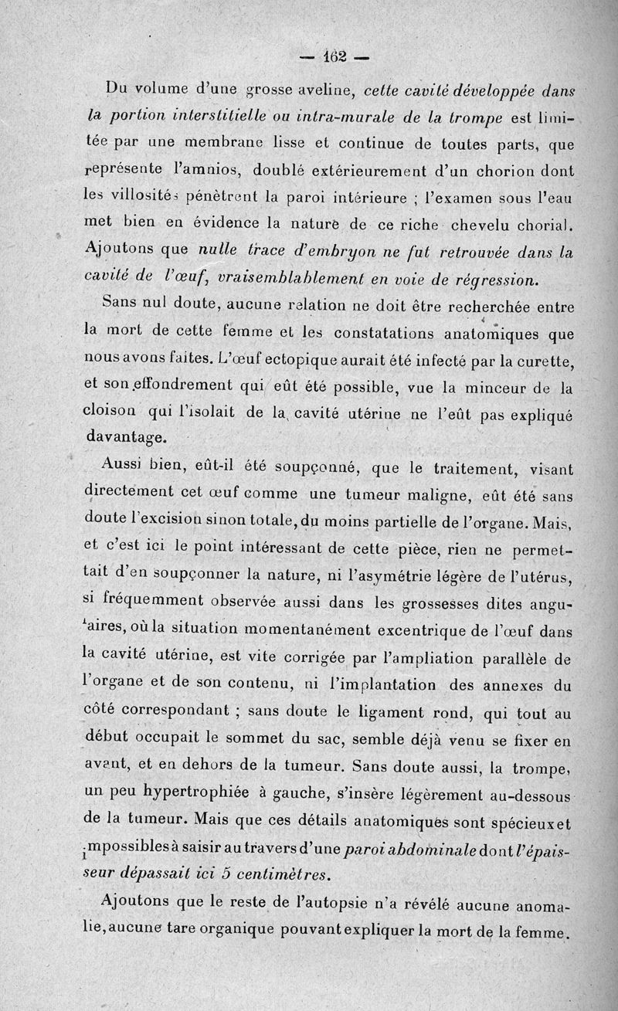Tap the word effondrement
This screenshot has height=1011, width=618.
click(182, 386)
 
